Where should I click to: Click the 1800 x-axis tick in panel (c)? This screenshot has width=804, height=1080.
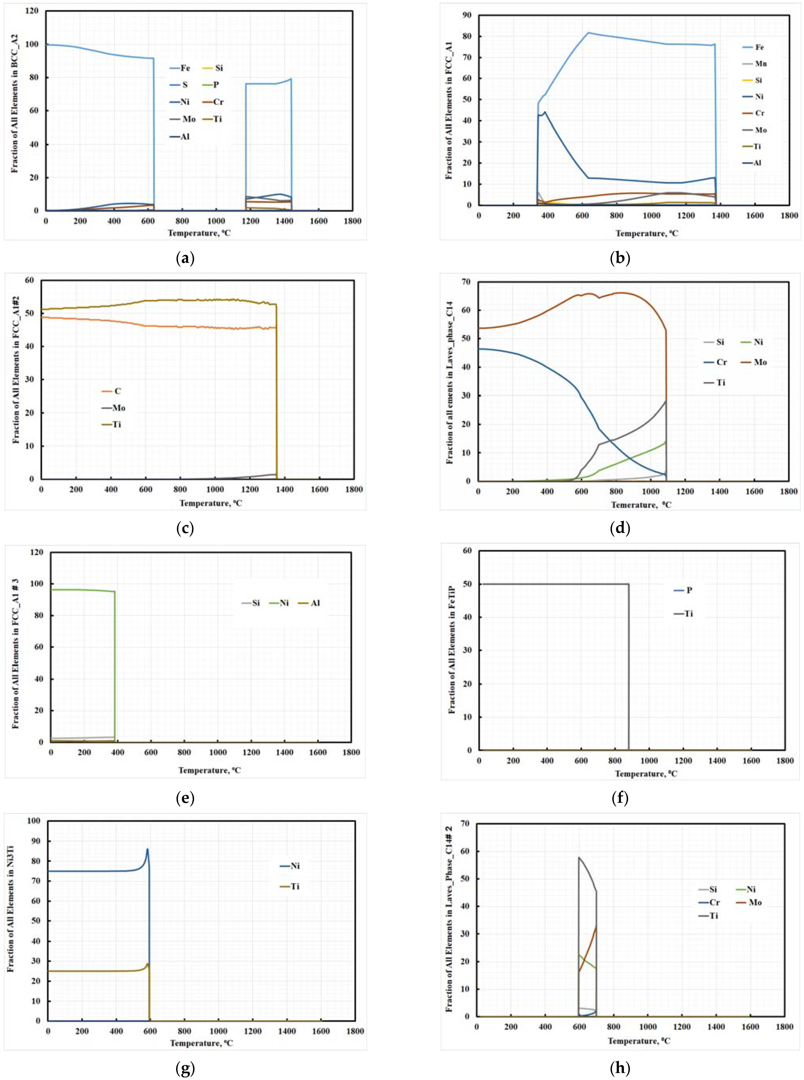click(x=354, y=489)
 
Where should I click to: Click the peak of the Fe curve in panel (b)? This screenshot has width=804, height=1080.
click(x=588, y=33)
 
